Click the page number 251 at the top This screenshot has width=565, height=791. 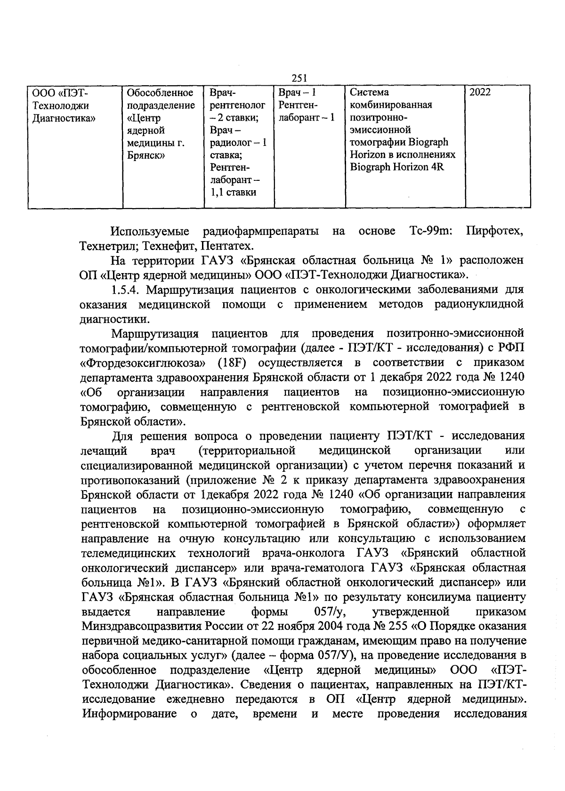[x=299, y=79]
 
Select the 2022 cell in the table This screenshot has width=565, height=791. [x=480, y=92]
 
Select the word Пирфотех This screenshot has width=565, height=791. [x=494, y=231]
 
